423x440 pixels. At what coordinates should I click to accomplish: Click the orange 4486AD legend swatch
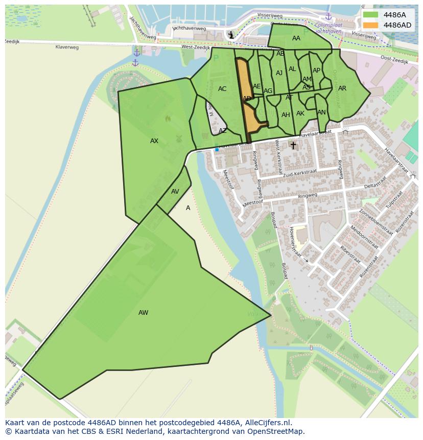pyautogui.click(x=371, y=25)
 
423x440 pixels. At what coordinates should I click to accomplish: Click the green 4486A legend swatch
pyautogui.click(x=371, y=15)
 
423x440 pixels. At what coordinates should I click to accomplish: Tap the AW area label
pyautogui.click(x=143, y=313)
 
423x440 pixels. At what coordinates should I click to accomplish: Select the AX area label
pyautogui.click(x=154, y=141)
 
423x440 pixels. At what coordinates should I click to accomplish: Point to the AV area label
pyautogui.click(x=175, y=192)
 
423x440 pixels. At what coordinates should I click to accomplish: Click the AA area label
pyautogui.click(x=296, y=38)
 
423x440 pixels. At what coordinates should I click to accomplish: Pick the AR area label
pyautogui.click(x=342, y=88)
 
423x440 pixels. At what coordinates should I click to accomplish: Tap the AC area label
pyautogui.click(x=222, y=89)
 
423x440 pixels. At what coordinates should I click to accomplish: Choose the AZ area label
pyautogui.click(x=223, y=131)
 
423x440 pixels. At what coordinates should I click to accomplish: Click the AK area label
pyautogui.click(x=300, y=113)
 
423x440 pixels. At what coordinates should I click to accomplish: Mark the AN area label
pyautogui.click(x=321, y=112)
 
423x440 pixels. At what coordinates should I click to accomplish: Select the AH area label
pyautogui.click(x=286, y=115)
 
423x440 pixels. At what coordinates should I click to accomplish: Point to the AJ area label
pyautogui.click(x=279, y=73)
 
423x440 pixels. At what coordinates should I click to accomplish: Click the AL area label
pyautogui.click(x=292, y=69)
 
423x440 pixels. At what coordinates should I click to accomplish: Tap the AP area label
pyautogui.click(x=316, y=71)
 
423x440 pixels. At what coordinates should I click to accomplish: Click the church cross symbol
pyautogui.click(x=293, y=145)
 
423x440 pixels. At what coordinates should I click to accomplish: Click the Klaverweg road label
pyautogui.click(x=67, y=47)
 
